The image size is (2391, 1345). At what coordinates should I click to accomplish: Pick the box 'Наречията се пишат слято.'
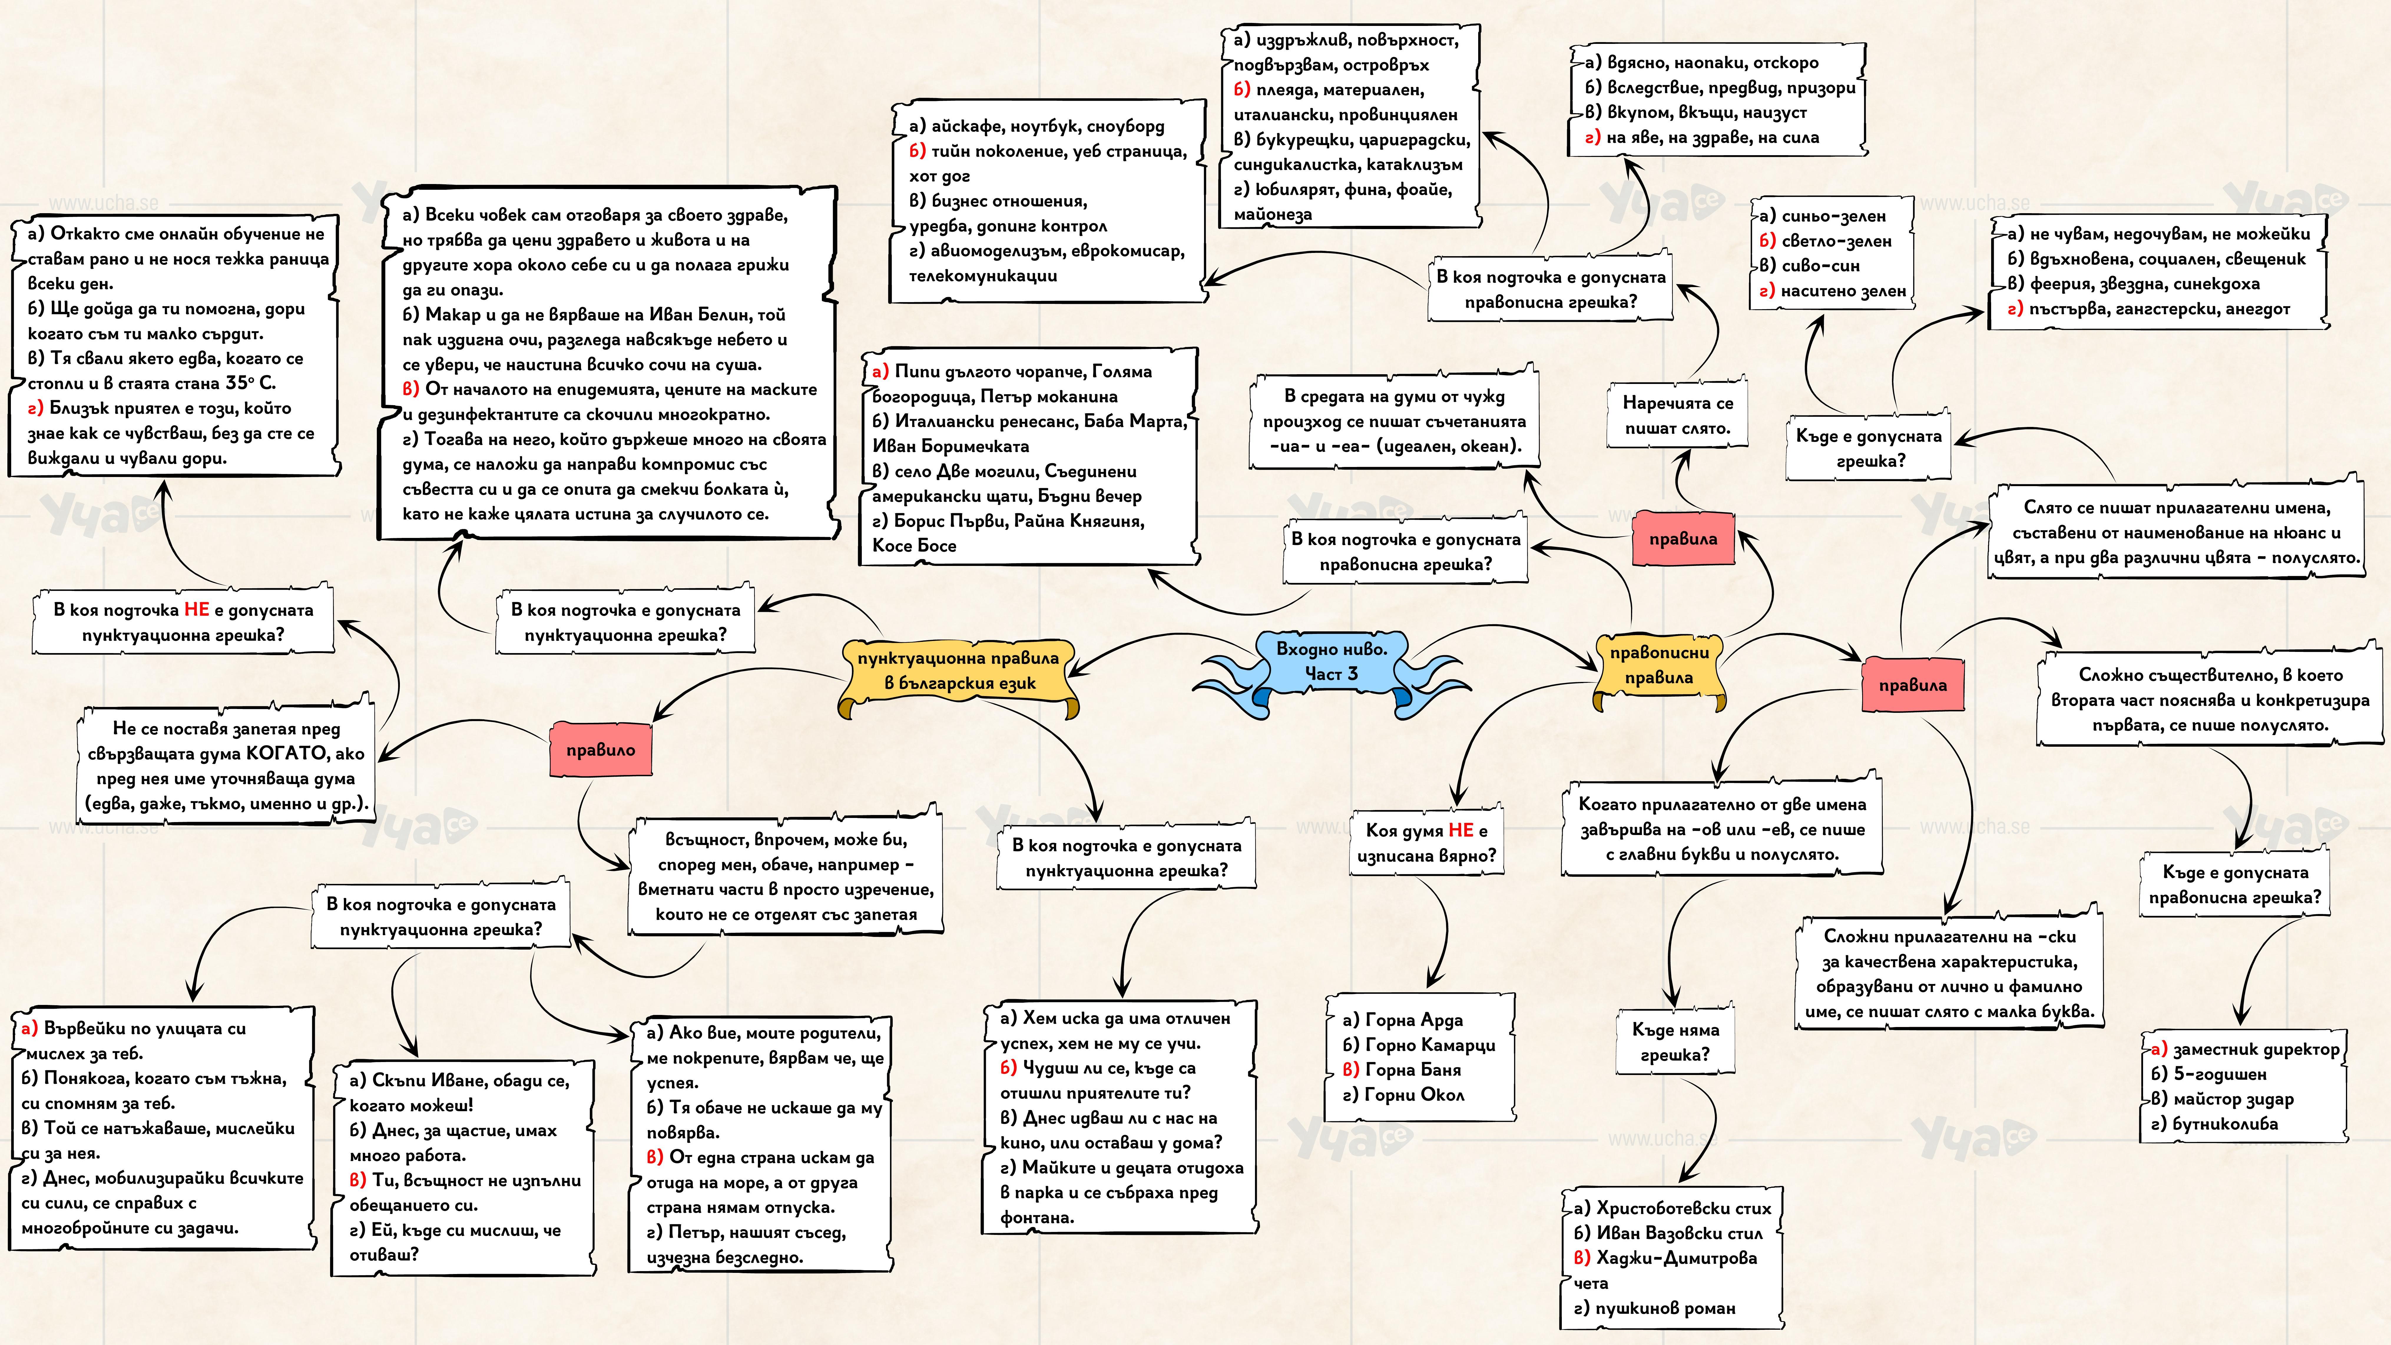point(1677,416)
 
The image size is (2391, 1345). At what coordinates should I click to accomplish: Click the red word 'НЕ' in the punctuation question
point(197,610)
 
